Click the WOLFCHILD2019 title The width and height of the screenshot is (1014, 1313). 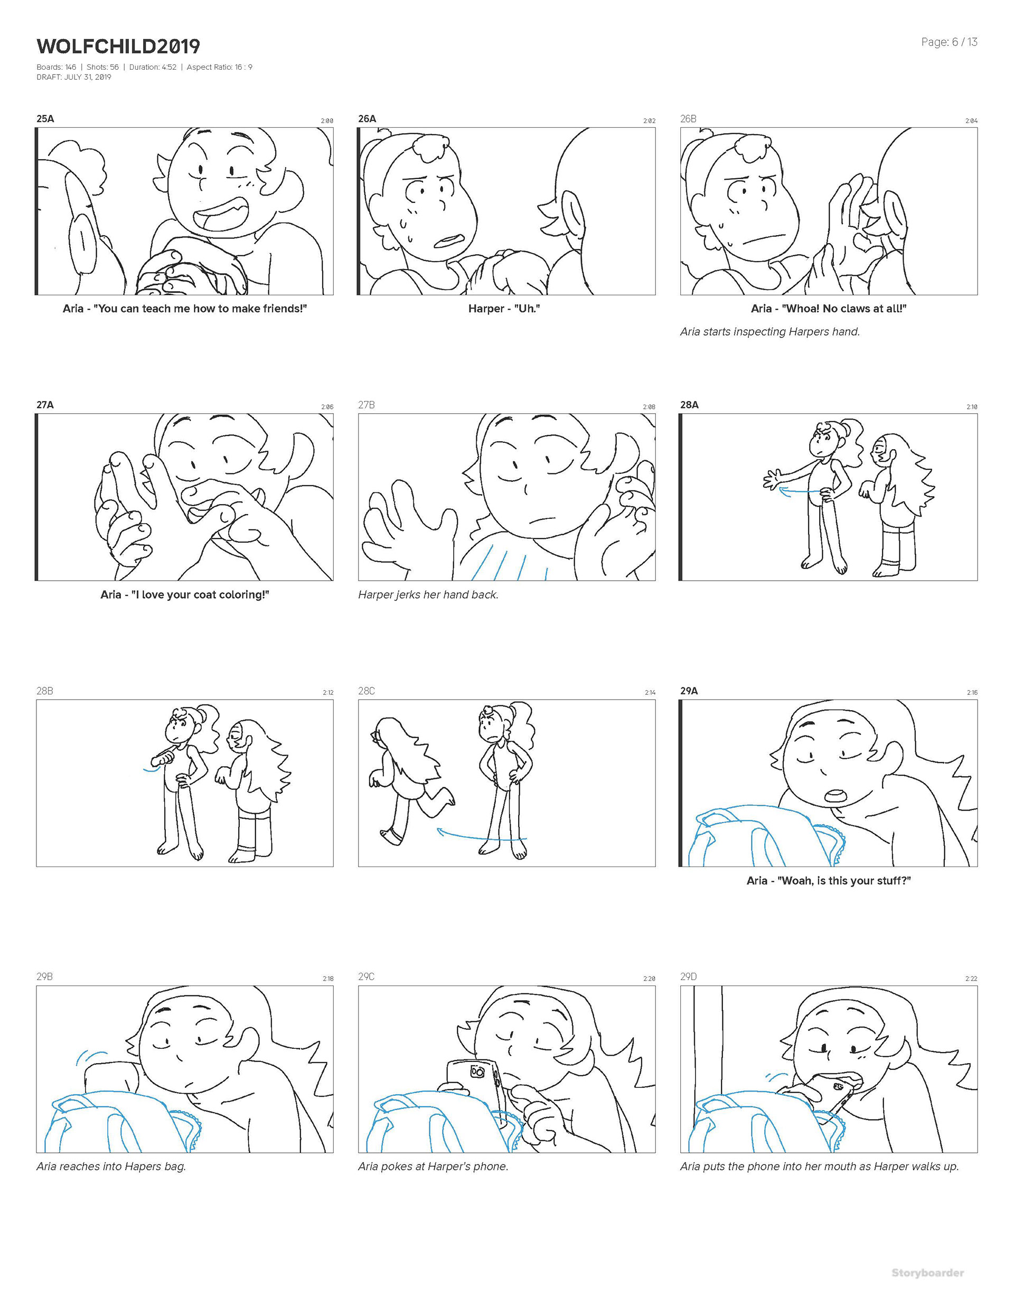(118, 46)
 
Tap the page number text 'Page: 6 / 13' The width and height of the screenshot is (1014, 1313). (949, 42)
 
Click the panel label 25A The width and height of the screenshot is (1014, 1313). (45, 118)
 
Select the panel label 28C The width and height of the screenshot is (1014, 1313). (367, 691)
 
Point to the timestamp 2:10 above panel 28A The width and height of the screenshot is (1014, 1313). (972, 407)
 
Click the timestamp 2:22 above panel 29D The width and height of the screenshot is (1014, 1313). (971, 979)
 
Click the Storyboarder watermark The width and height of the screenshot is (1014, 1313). (927, 1273)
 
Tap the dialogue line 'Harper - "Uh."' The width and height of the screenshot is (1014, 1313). (504, 309)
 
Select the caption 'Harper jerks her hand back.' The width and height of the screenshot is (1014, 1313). (428, 594)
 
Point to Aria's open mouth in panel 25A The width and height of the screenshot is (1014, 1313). (222, 218)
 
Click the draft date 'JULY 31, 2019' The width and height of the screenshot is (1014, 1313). (88, 77)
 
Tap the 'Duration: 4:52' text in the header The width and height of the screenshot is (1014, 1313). (153, 67)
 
